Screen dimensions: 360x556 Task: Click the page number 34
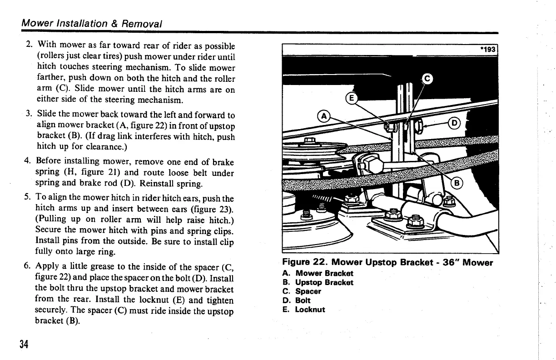[x=24, y=344]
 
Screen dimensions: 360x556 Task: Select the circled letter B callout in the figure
[x=458, y=183]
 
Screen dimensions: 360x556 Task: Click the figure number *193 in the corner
[x=489, y=50]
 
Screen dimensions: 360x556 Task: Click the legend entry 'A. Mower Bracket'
[x=318, y=273]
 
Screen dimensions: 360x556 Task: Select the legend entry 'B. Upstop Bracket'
[x=318, y=282]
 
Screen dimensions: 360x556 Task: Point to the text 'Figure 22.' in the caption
[x=305, y=263]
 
